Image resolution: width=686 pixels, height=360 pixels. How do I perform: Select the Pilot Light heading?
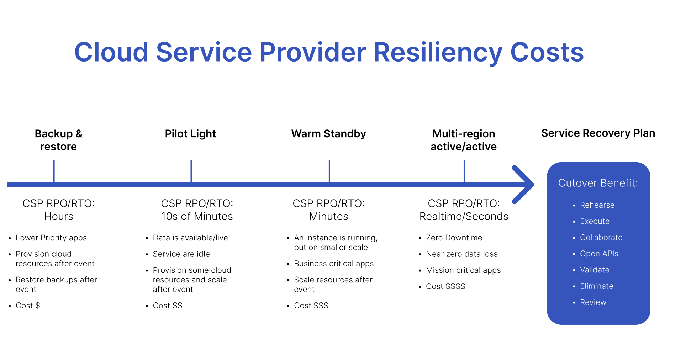[190, 134]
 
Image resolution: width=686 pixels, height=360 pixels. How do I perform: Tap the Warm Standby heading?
[328, 134]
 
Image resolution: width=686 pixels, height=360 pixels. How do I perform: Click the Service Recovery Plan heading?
[598, 133]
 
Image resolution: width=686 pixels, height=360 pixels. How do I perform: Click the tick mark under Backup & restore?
[54, 171]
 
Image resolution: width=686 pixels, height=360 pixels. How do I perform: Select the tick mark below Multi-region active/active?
[464, 171]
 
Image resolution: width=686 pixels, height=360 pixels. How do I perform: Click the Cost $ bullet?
[28, 306]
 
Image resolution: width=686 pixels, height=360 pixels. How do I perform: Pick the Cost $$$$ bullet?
[445, 286]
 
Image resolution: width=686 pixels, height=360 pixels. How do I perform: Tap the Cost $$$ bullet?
[311, 306]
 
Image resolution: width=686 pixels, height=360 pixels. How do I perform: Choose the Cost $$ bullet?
[167, 306]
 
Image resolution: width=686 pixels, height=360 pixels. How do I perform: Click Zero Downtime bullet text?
[454, 238]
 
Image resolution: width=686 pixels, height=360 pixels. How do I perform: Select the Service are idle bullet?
[181, 254]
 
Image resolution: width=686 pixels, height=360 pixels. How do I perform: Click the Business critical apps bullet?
[334, 264]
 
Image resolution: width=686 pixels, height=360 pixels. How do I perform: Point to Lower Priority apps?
[51, 238]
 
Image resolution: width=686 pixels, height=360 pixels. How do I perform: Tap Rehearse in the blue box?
[597, 205]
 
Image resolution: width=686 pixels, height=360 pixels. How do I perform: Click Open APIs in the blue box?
[599, 254]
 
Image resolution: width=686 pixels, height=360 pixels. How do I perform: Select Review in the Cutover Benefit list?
[593, 302]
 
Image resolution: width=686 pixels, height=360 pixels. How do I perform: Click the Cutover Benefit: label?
[598, 183]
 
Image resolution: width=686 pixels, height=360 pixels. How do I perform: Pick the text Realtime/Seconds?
[464, 216]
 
